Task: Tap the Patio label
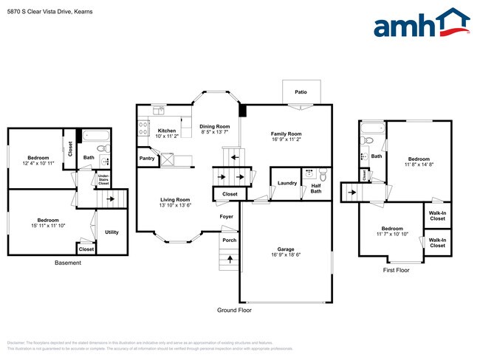click(301, 92)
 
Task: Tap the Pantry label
click(146, 158)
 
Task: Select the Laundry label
click(287, 183)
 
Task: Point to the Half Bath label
click(315, 190)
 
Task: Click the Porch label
click(230, 240)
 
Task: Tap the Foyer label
click(226, 216)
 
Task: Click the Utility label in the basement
click(112, 232)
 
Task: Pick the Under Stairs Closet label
click(103, 179)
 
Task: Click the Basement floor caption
click(69, 263)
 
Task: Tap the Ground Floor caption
click(234, 311)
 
